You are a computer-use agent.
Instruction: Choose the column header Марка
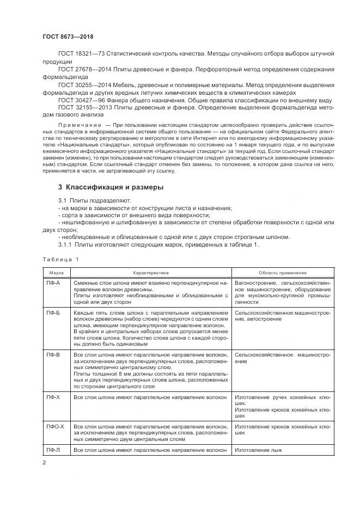tap(57, 273)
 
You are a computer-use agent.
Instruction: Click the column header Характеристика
tap(151, 273)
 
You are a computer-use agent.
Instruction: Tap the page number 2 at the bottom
tap(45, 463)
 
